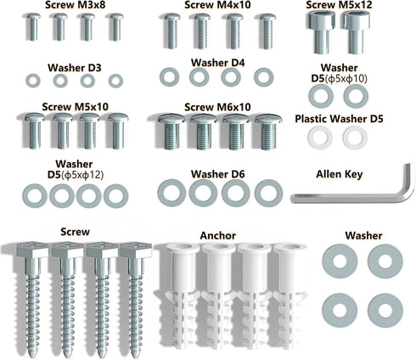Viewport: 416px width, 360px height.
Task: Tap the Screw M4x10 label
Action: (217, 5)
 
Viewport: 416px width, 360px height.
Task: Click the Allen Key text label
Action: (340, 174)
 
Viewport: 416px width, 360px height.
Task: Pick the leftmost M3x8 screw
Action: (33, 27)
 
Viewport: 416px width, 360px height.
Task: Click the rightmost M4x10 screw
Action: (267, 31)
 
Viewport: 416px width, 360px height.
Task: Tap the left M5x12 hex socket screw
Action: (322, 31)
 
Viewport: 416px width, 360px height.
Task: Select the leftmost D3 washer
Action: (33, 81)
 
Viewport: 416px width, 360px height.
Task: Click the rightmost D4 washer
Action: (263, 77)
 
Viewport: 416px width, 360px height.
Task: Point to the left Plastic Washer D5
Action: (319, 138)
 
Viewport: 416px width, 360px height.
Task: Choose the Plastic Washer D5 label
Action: (339, 119)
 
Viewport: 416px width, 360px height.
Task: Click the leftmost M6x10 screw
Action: (171, 132)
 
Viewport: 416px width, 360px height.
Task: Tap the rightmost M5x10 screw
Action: (118, 131)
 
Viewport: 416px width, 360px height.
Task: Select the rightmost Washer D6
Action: (268, 193)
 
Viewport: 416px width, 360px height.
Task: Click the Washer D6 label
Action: (217, 174)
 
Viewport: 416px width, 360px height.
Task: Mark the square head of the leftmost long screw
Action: (29, 250)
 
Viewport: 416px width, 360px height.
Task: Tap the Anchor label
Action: (218, 235)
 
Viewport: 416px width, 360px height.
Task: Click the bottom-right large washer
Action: (385, 311)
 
